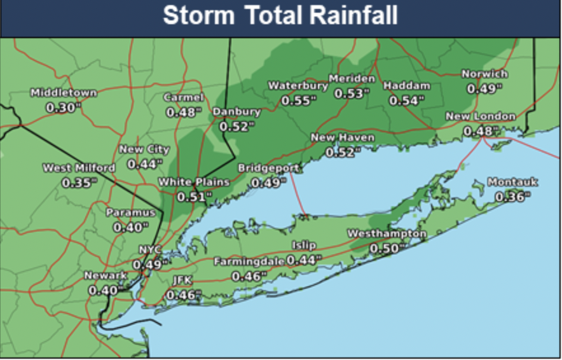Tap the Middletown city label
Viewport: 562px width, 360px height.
click(64, 93)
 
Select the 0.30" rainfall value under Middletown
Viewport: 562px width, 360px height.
click(64, 107)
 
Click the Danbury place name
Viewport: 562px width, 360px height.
click(236, 112)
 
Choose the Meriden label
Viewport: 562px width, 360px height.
click(352, 79)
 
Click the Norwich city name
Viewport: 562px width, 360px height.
click(484, 74)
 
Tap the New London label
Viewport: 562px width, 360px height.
click(480, 116)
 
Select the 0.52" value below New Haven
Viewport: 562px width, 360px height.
click(342, 152)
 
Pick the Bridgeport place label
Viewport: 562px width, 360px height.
click(268, 168)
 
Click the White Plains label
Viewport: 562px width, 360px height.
click(193, 182)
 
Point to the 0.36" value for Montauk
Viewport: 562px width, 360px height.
click(512, 197)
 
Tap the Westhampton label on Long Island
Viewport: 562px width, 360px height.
click(387, 234)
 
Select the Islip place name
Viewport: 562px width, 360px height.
click(304, 246)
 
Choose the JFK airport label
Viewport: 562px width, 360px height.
click(182, 280)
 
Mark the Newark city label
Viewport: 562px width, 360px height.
click(106, 275)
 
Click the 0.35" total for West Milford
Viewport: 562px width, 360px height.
click(79, 183)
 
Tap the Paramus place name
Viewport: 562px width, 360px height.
click(130, 212)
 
